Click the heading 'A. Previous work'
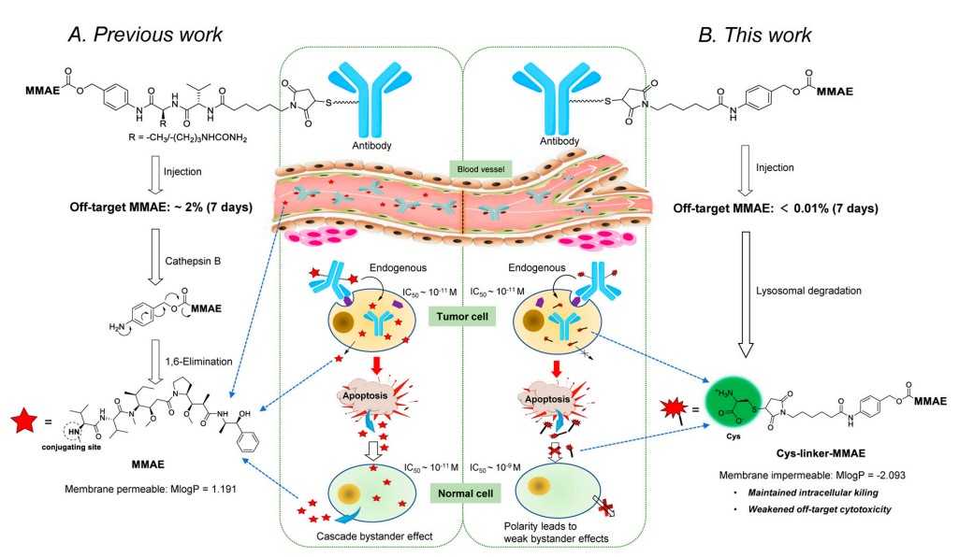click(145, 36)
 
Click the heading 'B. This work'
click(756, 36)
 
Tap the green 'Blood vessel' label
click(477, 168)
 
